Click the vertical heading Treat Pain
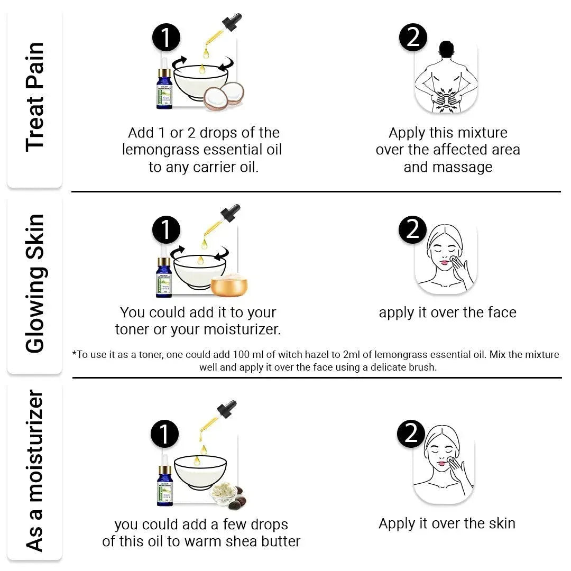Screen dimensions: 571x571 click(35, 97)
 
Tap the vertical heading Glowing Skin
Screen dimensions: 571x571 click(35, 283)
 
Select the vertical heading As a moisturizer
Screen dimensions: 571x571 click(35, 471)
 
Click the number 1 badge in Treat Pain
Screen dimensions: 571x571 click(167, 38)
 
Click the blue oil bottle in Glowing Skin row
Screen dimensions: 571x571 click(164, 275)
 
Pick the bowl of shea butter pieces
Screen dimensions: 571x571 click(223, 494)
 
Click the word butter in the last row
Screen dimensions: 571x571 click(278, 542)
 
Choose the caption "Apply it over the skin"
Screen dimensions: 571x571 click(447, 524)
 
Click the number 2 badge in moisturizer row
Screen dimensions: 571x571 click(411, 434)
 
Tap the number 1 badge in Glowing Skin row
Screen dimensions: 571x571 click(167, 231)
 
